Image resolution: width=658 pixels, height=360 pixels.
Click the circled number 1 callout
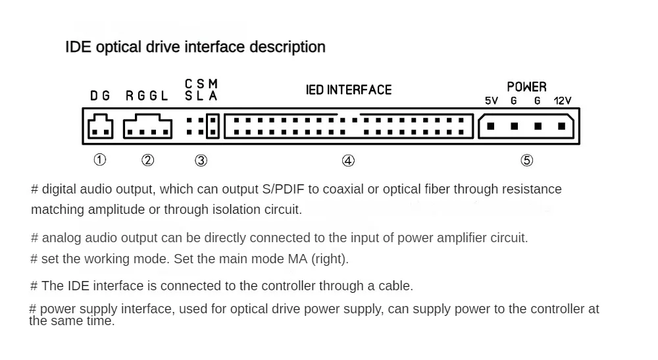point(99,160)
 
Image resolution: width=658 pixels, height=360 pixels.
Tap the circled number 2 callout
point(148,160)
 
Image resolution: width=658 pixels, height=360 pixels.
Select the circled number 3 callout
point(201,160)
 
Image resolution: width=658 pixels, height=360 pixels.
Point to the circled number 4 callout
point(348,160)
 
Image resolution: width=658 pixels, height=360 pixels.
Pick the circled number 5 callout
point(526,160)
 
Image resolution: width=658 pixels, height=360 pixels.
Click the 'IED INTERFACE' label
point(349,90)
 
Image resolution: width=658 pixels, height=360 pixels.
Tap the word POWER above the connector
point(526,87)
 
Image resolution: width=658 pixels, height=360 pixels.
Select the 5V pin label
point(491,101)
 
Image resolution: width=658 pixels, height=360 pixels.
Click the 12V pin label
point(563,101)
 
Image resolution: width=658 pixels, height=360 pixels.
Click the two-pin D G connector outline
point(101,127)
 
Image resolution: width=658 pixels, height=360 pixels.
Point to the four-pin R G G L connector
point(148,127)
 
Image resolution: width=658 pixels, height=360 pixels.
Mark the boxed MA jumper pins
point(213,126)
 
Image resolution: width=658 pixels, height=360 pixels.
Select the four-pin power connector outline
point(526,126)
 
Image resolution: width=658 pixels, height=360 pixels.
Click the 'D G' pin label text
point(100,96)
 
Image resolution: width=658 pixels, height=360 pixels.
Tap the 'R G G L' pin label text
point(147,96)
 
